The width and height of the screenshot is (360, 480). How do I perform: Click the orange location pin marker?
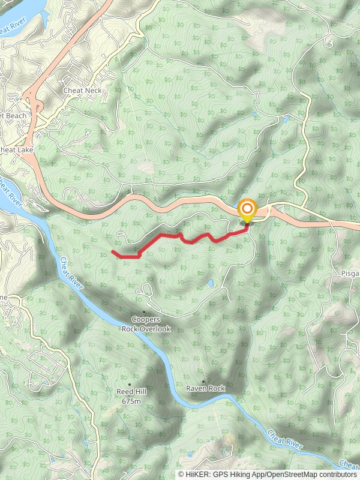click(x=247, y=210)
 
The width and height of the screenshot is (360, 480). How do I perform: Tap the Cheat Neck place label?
click(x=83, y=91)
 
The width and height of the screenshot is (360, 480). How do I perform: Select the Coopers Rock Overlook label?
click(x=146, y=325)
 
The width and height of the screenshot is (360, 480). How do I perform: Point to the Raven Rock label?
click(x=205, y=389)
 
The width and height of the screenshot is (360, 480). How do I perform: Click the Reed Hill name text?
click(x=131, y=392)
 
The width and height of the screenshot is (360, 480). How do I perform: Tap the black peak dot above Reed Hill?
click(x=130, y=384)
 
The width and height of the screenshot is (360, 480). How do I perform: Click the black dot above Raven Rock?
click(x=203, y=381)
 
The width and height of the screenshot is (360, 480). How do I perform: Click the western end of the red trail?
click(x=113, y=251)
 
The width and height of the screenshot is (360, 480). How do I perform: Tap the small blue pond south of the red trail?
click(x=211, y=283)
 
